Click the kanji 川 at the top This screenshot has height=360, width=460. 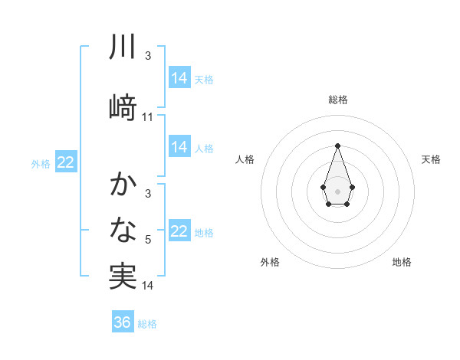[123, 47]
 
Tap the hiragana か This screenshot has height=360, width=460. [123, 185]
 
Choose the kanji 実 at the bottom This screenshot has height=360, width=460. [123, 276]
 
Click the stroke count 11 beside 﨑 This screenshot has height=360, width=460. [148, 116]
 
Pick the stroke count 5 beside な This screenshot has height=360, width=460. [148, 241]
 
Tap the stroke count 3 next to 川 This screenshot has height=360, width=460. [148, 56]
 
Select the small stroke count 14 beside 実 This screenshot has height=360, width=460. [148, 286]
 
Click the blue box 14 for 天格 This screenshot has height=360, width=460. [179, 77]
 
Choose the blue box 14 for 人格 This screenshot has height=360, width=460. [179, 147]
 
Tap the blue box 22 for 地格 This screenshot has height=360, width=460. [179, 231]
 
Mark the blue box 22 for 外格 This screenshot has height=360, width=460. [66, 162]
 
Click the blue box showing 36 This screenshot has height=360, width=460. [123, 322]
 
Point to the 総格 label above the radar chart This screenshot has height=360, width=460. [338, 100]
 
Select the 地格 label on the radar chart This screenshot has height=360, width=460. [402, 262]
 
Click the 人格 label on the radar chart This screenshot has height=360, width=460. [245, 159]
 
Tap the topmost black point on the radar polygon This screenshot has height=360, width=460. [337, 145]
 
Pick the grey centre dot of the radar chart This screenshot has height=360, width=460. [337, 190]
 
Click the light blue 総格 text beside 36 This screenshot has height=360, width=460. [148, 323]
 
